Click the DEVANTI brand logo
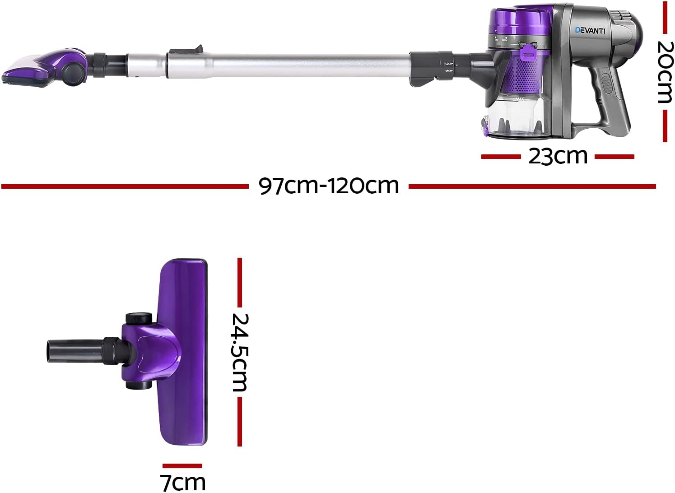click(590, 30)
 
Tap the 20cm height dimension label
click(665, 72)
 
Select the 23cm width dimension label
click(558, 156)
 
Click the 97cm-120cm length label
click(329, 186)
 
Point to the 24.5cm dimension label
click(240, 352)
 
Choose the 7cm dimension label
click(182, 482)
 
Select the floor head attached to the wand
click(45, 68)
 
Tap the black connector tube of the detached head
click(74, 349)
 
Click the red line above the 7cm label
click(182, 466)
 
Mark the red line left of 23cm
click(501, 157)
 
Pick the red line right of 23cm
click(614, 157)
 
